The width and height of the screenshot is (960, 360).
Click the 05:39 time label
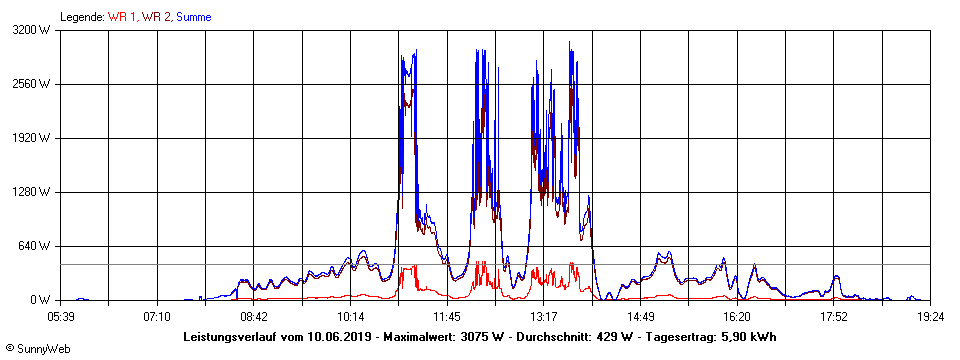pos(61,316)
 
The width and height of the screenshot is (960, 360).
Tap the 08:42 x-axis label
pos(254,316)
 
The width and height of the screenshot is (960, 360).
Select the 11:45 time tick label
pos(447,316)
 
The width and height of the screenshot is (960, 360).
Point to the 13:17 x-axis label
pos(544,316)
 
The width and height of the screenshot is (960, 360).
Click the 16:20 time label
pos(737,316)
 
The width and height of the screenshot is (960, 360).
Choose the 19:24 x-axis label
pos(930,316)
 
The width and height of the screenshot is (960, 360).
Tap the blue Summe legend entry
pos(193,17)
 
